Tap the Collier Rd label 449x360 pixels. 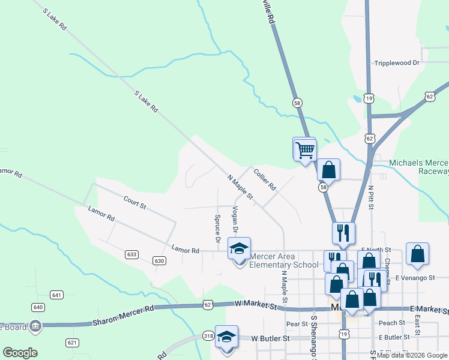(264, 179)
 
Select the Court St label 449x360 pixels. (134, 202)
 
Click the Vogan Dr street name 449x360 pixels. (235, 220)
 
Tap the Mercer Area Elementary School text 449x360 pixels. (283, 261)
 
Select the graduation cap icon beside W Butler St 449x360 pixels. (227, 337)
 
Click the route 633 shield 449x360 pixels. (132, 254)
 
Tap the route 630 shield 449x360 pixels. (159, 260)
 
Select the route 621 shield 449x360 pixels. (73, 343)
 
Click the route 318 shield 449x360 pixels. (208, 335)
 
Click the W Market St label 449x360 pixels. (256, 306)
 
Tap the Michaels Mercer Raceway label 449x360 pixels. (419, 167)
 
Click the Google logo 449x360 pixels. (20, 353)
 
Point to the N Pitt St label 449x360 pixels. (371, 197)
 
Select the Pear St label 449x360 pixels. (297, 324)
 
